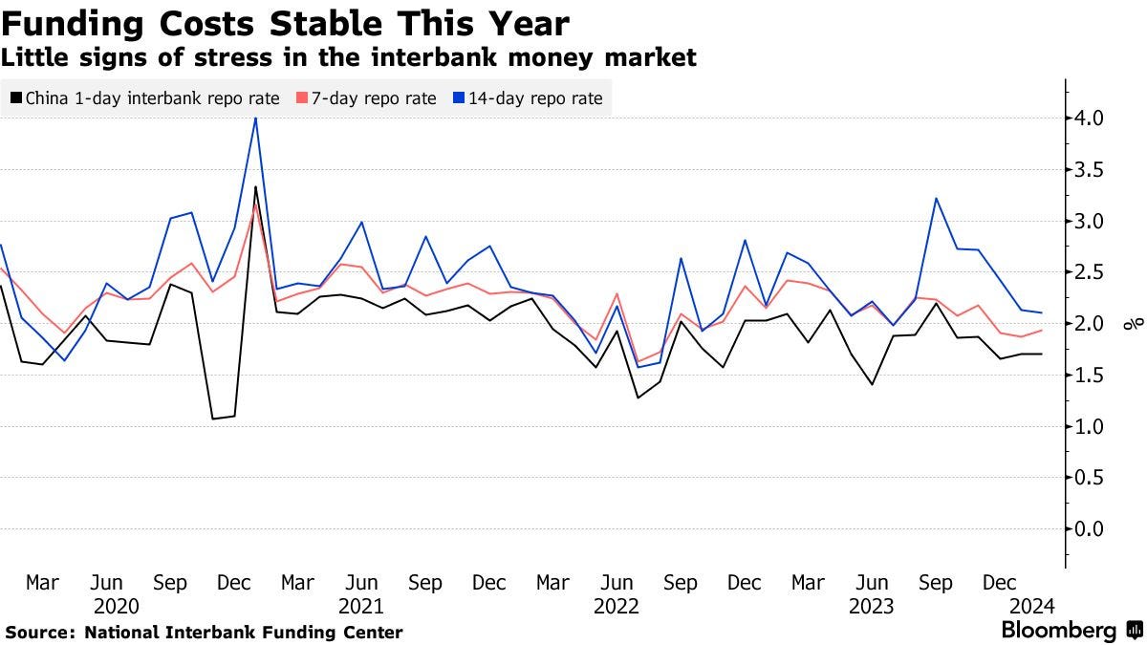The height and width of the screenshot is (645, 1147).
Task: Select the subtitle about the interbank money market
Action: point(349,58)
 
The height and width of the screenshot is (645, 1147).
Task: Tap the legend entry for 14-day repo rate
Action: point(534,97)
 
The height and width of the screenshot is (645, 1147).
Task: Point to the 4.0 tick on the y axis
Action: point(1091,118)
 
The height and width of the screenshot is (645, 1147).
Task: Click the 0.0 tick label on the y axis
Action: point(1091,528)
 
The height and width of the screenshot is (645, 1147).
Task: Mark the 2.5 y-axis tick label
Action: point(1091,272)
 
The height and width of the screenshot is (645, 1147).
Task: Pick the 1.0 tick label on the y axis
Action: point(1091,426)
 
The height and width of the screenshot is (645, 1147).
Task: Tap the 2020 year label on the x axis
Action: point(117,606)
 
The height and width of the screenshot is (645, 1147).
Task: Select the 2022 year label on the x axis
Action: point(617,606)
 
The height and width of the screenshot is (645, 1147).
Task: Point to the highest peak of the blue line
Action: point(255,118)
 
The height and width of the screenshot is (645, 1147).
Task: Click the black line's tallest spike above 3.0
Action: point(255,186)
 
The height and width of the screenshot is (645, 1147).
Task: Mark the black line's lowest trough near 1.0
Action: point(213,419)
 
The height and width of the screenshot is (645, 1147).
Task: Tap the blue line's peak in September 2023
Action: point(936,199)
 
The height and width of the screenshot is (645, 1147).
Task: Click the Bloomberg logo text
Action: point(1058,631)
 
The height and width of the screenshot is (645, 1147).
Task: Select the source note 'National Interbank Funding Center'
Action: point(244,633)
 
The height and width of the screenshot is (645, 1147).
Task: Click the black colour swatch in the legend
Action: point(16,97)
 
